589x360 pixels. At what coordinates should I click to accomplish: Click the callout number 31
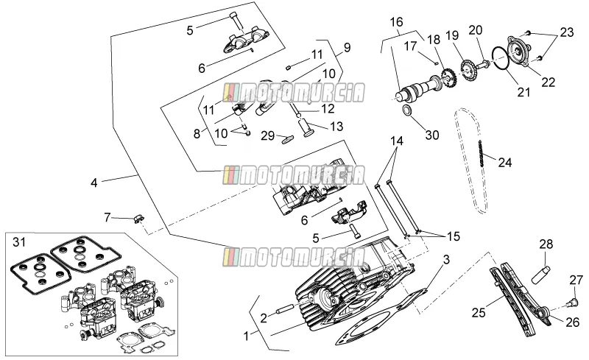[x=19, y=242]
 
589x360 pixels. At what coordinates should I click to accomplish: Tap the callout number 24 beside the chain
[x=505, y=163]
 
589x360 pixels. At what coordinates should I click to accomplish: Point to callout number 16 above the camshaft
[x=396, y=22]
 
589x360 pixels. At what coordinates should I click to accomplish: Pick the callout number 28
[x=546, y=244]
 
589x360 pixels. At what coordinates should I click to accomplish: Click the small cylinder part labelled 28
[x=540, y=275]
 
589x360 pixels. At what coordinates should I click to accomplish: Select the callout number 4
[x=94, y=183]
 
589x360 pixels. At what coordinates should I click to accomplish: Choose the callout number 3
[x=446, y=259]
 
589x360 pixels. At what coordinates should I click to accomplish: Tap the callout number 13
[x=336, y=127]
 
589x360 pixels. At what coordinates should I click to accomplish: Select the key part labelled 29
[x=289, y=139]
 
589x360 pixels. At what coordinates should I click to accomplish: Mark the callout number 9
[x=347, y=48]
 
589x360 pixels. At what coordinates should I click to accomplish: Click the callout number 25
[x=479, y=312]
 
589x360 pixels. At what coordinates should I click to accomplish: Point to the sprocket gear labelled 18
[x=449, y=77]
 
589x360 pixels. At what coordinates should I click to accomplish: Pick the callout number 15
[x=454, y=236]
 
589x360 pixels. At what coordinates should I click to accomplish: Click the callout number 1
[x=247, y=336]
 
